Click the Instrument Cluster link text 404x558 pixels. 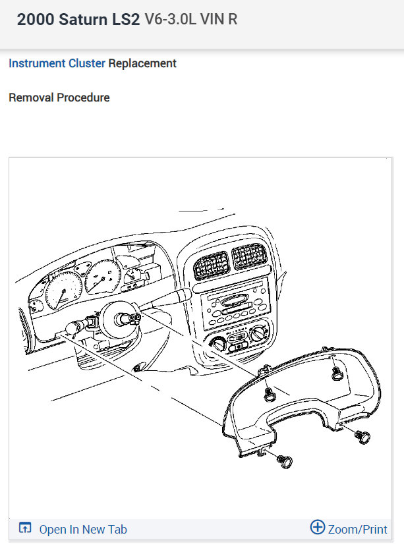click(x=57, y=64)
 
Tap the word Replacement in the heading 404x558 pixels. click(x=142, y=64)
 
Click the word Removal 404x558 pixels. click(x=30, y=98)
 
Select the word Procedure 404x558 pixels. click(x=83, y=98)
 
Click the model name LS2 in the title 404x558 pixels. click(x=125, y=19)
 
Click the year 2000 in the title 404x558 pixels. click(x=36, y=19)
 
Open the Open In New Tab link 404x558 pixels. click(x=82, y=530)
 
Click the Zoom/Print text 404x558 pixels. click(x=358, y=530)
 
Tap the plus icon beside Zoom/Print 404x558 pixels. click(x=318, y=528)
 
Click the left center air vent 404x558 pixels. click(x=210, y=266)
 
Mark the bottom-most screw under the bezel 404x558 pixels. click(x=283, y=461)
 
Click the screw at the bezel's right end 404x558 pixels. click(x=361, y=436)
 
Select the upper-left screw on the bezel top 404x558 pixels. click(x=269, y=394)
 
